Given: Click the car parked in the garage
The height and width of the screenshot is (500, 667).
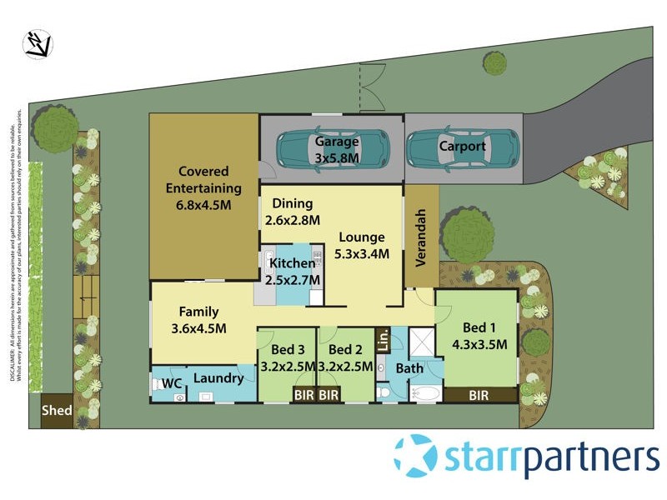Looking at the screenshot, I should click(332, 149).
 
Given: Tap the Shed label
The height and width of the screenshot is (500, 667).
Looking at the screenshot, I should click(57, 411).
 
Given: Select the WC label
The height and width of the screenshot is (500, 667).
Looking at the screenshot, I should click(172, 383).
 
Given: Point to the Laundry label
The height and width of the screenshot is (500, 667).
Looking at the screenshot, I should click(218, 378).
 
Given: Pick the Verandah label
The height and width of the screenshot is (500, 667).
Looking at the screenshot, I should click(421, 236).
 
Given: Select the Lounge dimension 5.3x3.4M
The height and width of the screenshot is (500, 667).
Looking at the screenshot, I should click(363, 254).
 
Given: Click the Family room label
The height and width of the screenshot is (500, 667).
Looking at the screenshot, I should click(198, 312).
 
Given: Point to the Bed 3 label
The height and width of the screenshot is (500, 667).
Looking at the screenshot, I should click(288, 349).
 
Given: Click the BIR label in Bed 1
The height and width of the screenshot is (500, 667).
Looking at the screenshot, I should click(478, 395).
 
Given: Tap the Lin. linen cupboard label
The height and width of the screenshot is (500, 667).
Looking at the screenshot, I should click(383, 342).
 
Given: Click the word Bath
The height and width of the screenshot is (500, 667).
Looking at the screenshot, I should click(409, 367).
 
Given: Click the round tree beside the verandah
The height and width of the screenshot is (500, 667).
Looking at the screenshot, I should click(468, 235).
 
